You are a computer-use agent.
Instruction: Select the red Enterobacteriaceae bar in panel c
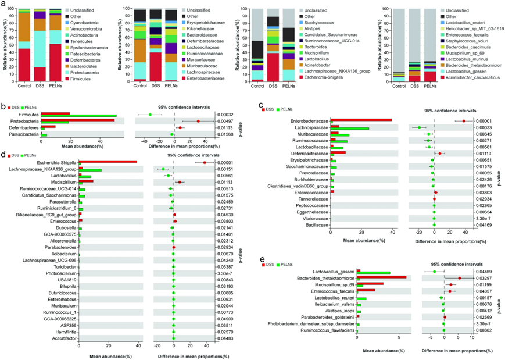click(x=361, y=104)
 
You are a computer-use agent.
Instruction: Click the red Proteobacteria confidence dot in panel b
click(x=198, y=105)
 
